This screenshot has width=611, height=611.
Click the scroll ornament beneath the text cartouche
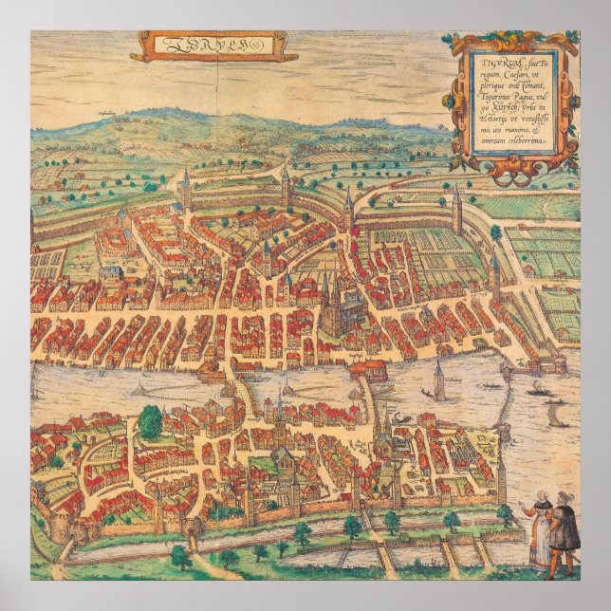[516, 169]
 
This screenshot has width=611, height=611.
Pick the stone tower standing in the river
[438, 379]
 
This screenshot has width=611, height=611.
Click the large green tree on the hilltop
[151, 420]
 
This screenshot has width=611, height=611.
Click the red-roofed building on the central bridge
[368, 368]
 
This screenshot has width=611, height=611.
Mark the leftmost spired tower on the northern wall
[186, 190]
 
